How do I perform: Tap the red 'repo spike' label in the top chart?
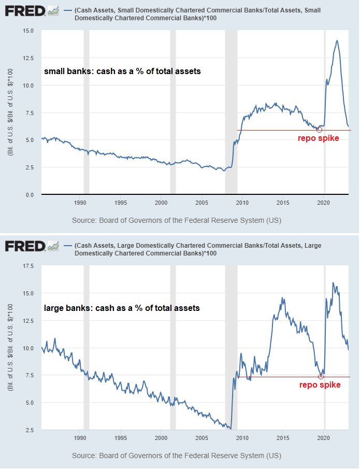point(318,138)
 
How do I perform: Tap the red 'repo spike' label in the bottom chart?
point(320,385)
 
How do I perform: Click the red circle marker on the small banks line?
point(319,130)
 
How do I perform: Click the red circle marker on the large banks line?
point(321,376)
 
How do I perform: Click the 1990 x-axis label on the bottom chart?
point(80,438)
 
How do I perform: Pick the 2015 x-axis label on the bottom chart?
point(283,438)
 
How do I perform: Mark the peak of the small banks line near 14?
point(337,40)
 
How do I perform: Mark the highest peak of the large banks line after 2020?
point(333,283)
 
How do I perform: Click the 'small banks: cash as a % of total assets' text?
point(122,72)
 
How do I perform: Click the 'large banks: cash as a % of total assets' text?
point(122,308)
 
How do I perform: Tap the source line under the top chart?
point(177,220)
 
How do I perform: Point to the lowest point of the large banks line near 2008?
point(231,429)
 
